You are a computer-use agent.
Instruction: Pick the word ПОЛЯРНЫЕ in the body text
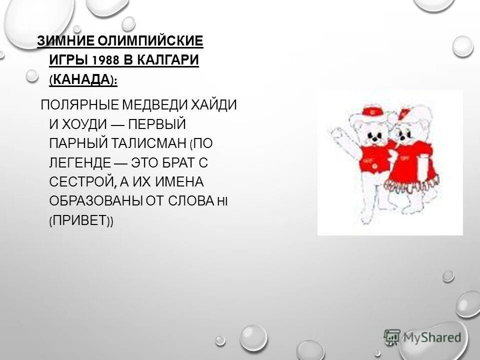click(79, 106)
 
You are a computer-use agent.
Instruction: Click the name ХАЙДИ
click(211, 106)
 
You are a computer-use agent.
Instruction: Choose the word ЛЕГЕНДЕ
click(80, 163)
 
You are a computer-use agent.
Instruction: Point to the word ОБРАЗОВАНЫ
click(95, 200)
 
